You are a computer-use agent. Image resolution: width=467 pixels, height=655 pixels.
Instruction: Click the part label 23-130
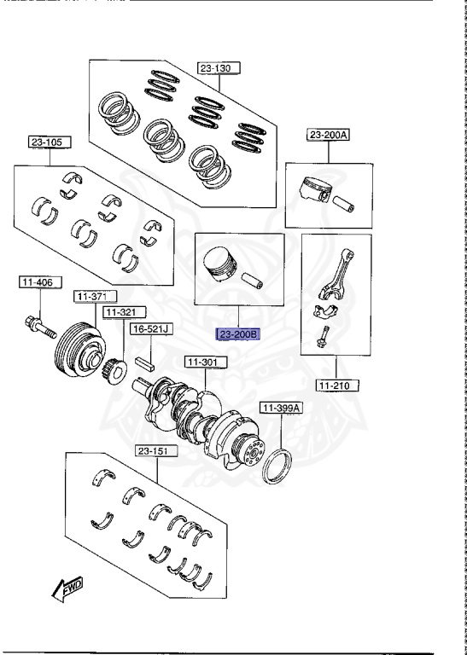[219, 68]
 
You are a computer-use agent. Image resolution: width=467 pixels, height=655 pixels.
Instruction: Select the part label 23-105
[50, 142]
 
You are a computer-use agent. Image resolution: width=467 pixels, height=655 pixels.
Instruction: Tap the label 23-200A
[328, 135]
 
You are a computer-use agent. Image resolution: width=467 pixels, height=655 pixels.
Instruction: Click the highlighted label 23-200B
[238, 334]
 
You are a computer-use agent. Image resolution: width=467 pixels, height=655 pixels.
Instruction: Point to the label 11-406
[40, 282]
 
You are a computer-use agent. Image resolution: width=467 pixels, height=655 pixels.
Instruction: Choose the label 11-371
[96, 296]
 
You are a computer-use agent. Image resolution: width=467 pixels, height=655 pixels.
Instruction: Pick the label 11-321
[125, 312]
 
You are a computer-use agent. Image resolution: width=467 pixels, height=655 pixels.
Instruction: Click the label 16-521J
[151, 329]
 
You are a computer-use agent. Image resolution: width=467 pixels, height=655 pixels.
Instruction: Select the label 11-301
[206, 362]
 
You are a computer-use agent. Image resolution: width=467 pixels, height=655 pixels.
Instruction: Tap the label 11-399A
[281, 408]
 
